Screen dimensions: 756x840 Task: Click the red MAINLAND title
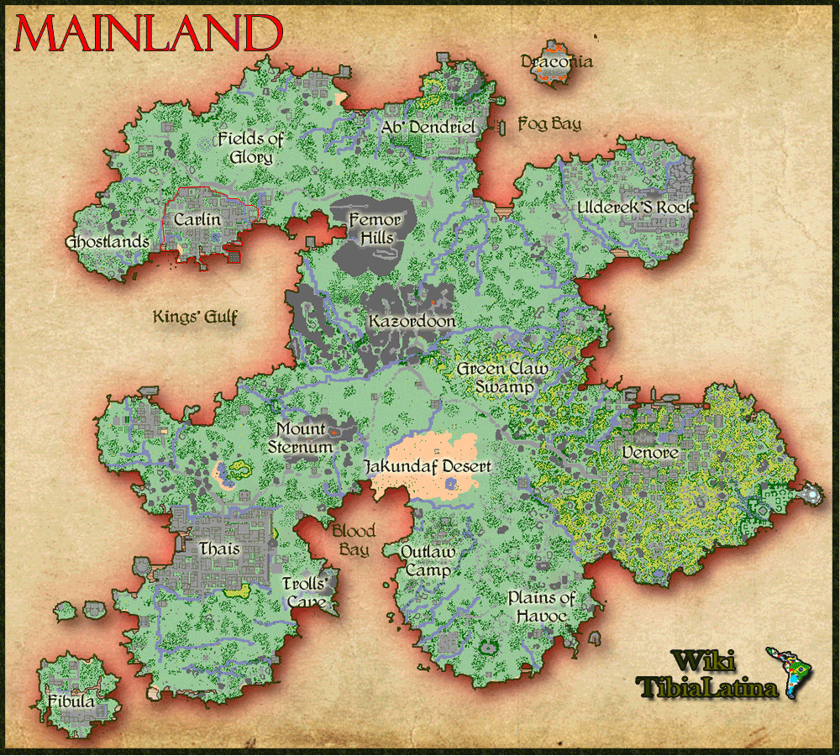148,34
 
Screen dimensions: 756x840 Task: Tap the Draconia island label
557,61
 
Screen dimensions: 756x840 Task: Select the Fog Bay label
549,124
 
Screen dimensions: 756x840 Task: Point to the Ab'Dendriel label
428,127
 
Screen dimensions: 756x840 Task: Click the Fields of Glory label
250,148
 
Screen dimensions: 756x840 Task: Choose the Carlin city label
197,220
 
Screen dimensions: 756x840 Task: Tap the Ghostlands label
107,242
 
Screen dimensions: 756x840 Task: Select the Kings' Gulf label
196,317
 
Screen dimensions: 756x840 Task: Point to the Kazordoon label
412,321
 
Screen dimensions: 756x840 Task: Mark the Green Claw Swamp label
502,378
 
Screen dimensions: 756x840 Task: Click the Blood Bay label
353,541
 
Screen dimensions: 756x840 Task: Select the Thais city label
219,549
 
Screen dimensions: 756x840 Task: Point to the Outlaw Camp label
428,561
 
